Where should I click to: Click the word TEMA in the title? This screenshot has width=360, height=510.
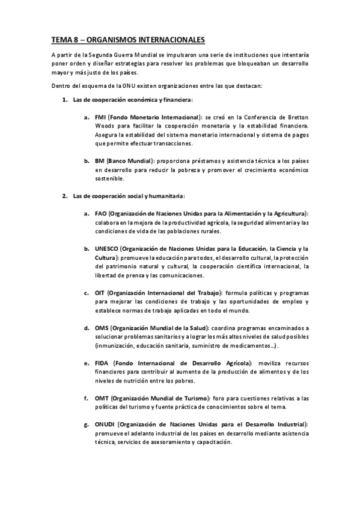61,40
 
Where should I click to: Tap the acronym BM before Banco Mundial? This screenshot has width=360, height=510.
99,161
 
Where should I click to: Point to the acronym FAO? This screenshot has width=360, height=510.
101,214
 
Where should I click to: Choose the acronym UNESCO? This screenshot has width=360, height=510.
106,248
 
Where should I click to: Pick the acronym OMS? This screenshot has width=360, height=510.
101,328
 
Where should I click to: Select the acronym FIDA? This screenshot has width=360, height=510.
102,363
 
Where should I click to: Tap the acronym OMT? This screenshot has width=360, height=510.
101,398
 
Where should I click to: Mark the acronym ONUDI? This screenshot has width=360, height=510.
105,425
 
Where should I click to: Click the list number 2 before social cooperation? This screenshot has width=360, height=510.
65,196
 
